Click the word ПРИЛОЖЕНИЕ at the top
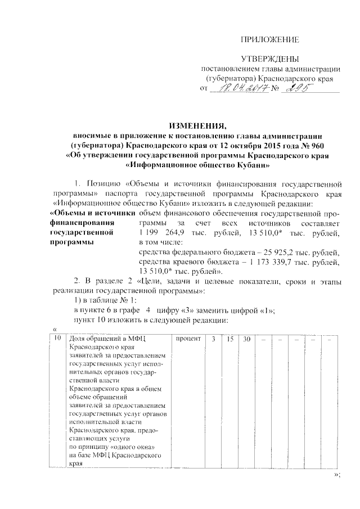(x=269, y=39)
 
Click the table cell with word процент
(x=189, y=339)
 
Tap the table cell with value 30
(x=246, y=339)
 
